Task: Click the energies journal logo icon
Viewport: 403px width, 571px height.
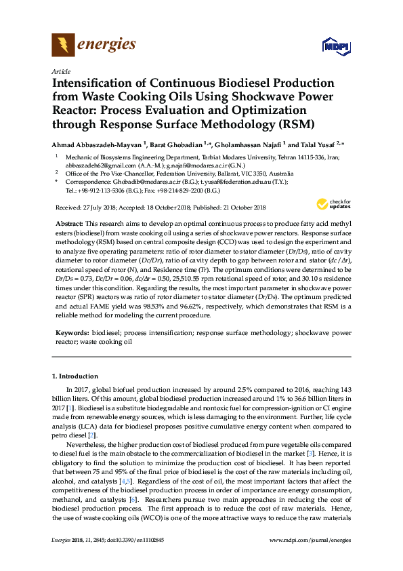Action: click(64, 45)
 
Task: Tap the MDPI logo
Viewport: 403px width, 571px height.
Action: click(335, 47)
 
